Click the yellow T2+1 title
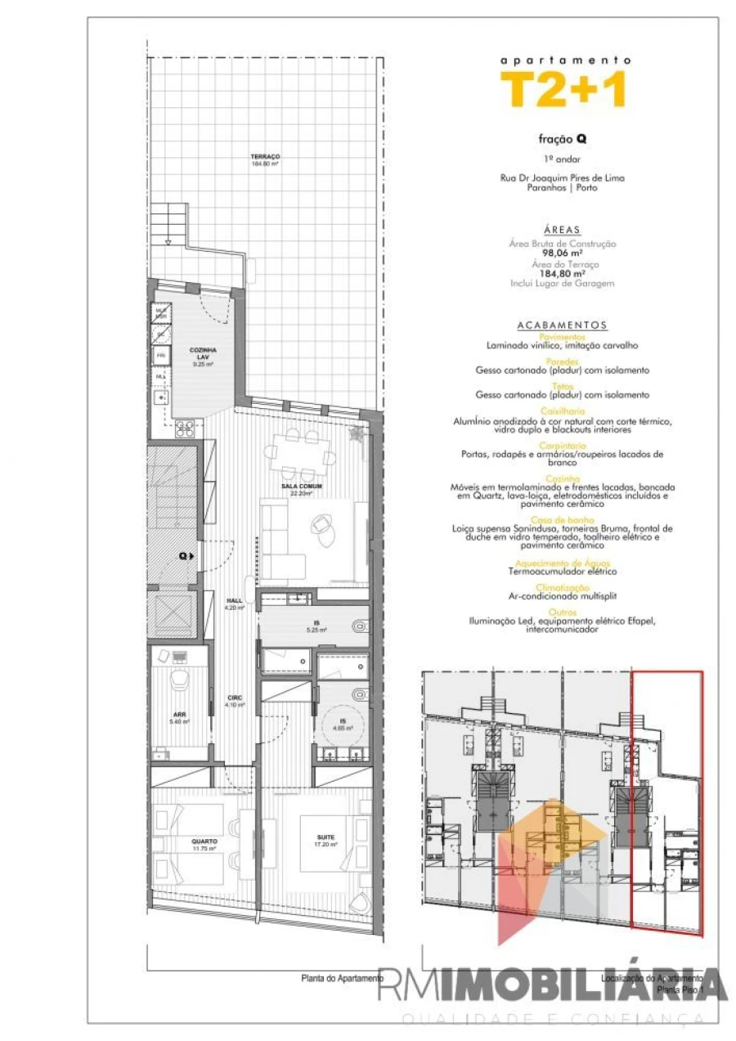coord(563,89)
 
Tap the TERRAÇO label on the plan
coord(267,157)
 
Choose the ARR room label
coord(179,713)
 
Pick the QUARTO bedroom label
coord(204,841)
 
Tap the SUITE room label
coord(326,837)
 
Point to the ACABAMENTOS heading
coord(563,325)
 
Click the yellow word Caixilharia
coord(563,411)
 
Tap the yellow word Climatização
coord(563,587)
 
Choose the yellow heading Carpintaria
coord(563,446)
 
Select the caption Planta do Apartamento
coord(342,978)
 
